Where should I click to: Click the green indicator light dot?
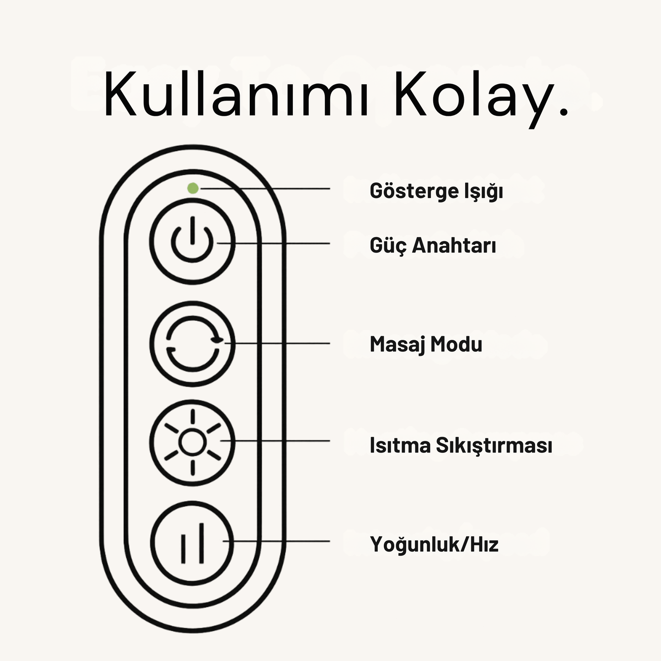coord(193,188)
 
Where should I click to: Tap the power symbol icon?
coord(192,241)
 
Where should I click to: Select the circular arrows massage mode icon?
coord(193,343)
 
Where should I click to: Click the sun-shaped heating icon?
coord(192,442)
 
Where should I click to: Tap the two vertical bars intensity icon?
coord(192,543)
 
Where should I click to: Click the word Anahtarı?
coord(454,246)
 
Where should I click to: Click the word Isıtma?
coord(400,445)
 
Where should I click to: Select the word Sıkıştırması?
coord(494,445)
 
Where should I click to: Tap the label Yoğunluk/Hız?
coord(434,544)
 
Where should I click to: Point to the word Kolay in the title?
coord(471,95)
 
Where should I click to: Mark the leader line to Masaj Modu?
coord(279,343)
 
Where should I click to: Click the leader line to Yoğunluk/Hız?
coord(279,542)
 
